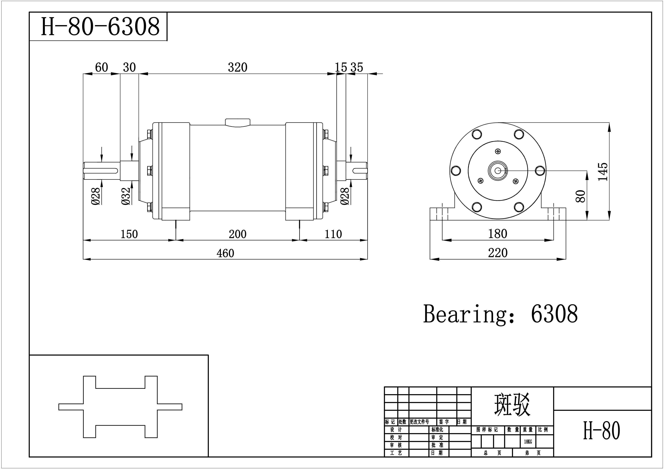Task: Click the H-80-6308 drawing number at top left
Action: coord(100,26)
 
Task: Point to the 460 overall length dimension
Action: coord(225,253)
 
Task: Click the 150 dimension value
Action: coord(129,234)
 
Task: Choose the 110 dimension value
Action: coord(333,234)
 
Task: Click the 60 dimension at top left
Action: coord(101,67)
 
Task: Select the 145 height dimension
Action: coord(603,172)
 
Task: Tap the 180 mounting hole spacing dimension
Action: coord(497,234)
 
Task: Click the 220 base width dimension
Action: coord(498,253)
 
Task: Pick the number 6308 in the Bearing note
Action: coord(554,314)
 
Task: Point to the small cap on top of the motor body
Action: coord(237,123)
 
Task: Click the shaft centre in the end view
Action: coord(498,171)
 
